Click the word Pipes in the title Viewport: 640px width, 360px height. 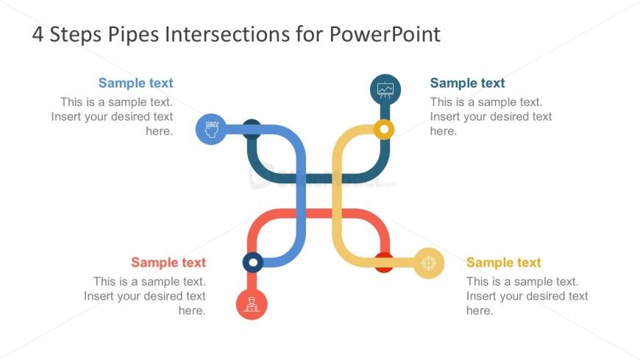(x=125, y=35)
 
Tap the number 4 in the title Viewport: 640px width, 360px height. (x=38, y=35)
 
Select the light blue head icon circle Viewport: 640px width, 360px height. (x=211, y=130)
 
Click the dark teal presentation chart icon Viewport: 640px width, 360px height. (x=385, y=90)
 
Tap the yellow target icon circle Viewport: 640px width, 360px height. (x=429, y=263)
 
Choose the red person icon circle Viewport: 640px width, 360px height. (x=252, y=303)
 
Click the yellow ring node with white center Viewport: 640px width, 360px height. (x=383, y=130)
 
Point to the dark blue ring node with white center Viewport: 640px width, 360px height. (x=252, y=262)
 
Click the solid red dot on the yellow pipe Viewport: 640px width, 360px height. (x=384, y=262)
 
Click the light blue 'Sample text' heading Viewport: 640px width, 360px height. (x=135, y=83)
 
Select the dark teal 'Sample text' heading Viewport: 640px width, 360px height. (x=467, y=83)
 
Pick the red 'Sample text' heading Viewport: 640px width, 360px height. (x=168, y=262)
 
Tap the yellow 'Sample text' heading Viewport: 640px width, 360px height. (x=503, y=262)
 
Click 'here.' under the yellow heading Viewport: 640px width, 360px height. (x=479, y=311)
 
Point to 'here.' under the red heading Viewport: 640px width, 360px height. (x=191, y=311)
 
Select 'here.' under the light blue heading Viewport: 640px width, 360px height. (x=159, y=131)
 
